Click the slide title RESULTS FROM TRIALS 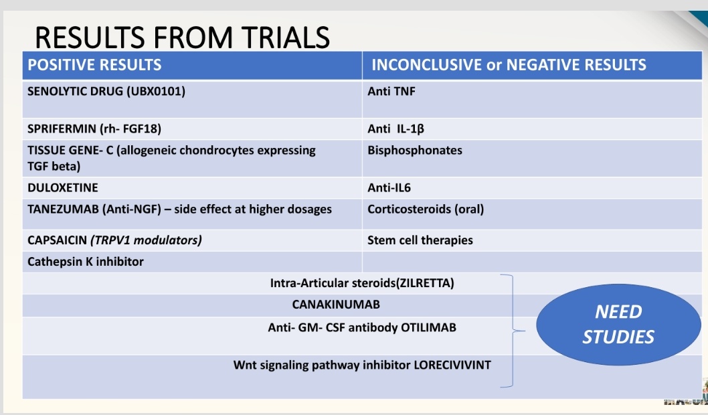coord(182,37)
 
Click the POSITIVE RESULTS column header coord(94,65)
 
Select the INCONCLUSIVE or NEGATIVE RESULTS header coord(509,65)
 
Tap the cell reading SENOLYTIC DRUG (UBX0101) coord(106,91)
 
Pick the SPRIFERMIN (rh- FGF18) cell coord(94,129)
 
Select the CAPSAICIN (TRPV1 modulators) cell coord(114,240)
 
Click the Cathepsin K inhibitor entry coord(86,262)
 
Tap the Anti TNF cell coord(391,91)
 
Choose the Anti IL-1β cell coord(396,129)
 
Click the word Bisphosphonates coord(415,151)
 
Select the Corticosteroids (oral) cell coord(426,210)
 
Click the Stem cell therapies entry coord(420,240)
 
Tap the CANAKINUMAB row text coord(336,305)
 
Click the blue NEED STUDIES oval coord(618,324)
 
